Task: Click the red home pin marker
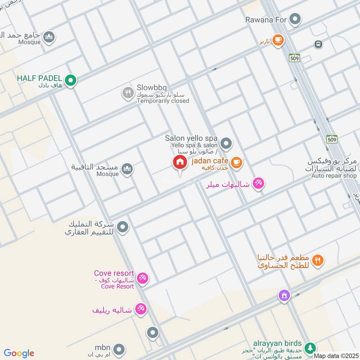(x=180, y=163)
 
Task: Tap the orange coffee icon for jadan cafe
(x=236, y=162)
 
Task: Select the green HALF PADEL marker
(x=70, y=81)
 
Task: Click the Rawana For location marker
(x=295, y=19)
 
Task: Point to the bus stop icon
(x=319, y=44)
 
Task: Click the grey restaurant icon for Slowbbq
(x=128, y=93)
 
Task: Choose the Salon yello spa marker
(x=226, y=144)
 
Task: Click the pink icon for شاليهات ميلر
(x=258, y=183)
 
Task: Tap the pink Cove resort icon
(x=142, y=279)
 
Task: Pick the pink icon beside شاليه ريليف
(x=140, y=309)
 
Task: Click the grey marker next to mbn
(x=119, y=349)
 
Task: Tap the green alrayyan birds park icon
(x=310, y=348)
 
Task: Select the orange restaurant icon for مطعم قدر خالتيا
(x=318, y=260)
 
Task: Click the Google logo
(x=19, y=353)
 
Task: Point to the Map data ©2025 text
(x=336, y=356)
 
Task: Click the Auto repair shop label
(x=334, y=175)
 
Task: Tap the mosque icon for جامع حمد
(x=49, y=37)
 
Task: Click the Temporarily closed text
(x=163, y=101)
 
